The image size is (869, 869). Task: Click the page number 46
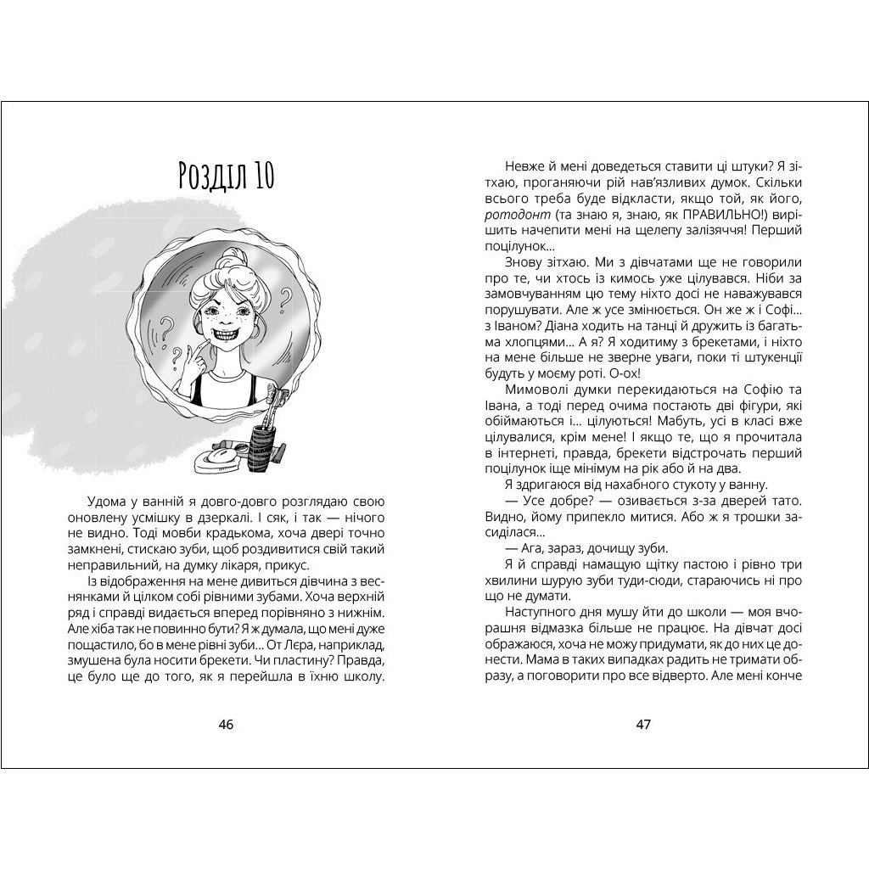pyautogui.click(x=226, y=724)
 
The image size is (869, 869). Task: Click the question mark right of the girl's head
pyautogui.click(x=285, y=298)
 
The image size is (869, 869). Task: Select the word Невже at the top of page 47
pyautogui.click(x=524, y=166)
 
